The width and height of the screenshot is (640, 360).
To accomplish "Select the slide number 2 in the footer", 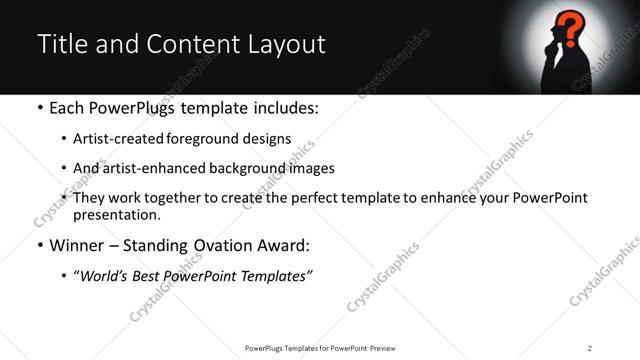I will (x=590, y=348).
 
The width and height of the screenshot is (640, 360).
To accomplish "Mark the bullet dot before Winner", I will (x=39, y=246).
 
